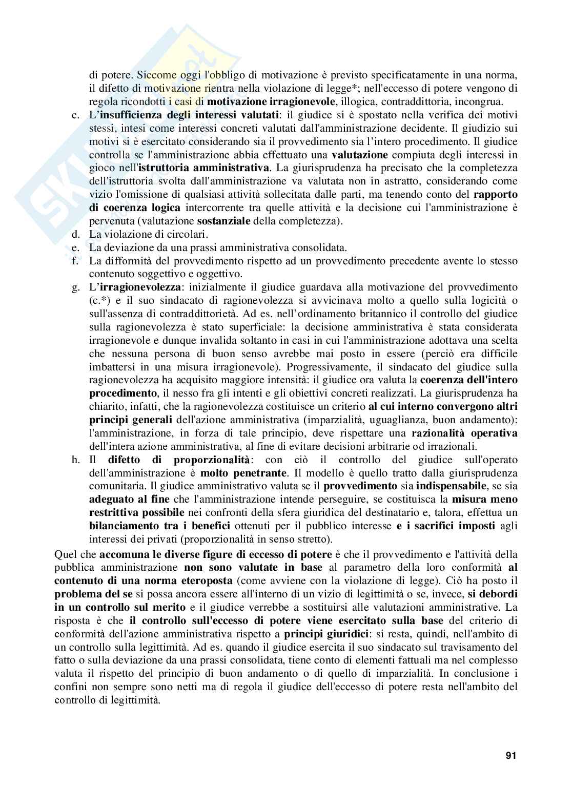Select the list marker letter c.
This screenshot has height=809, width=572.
click(x=75, y=114)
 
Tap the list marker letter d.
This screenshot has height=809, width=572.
click(x=75, y=234)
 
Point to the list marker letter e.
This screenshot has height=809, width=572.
click(x=75, y=247)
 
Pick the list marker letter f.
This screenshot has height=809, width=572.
click(x=75, y=261)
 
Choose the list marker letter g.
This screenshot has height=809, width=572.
click(x=75, y=287)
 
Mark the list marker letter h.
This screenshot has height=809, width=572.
click(x=75, y=460)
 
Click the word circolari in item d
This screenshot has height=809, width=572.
click(x=188, y=234)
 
